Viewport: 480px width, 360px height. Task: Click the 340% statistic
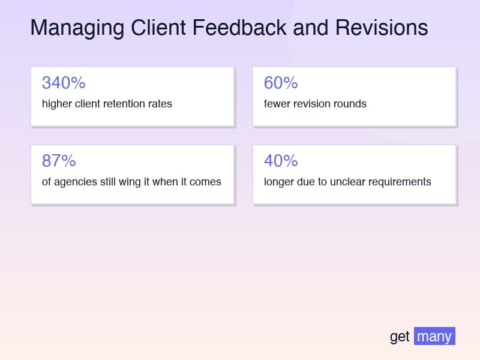click(64, 83)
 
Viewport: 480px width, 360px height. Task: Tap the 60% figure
click(281, 83)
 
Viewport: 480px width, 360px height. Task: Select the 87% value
click(59, 161)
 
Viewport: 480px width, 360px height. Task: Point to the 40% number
click(281, 161)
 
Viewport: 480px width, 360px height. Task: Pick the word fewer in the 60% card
click(278, 104)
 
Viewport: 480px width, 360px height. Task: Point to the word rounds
click(350, 104)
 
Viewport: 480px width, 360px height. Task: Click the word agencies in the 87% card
click(76, 182)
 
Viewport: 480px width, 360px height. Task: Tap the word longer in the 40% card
click(280, 182)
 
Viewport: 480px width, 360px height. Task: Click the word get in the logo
click(400, 337)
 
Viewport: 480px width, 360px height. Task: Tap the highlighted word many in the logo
click(434, 336)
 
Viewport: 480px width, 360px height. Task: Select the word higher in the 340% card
click(57, 104)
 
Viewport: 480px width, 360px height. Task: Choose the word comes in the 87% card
click(205, 182)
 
